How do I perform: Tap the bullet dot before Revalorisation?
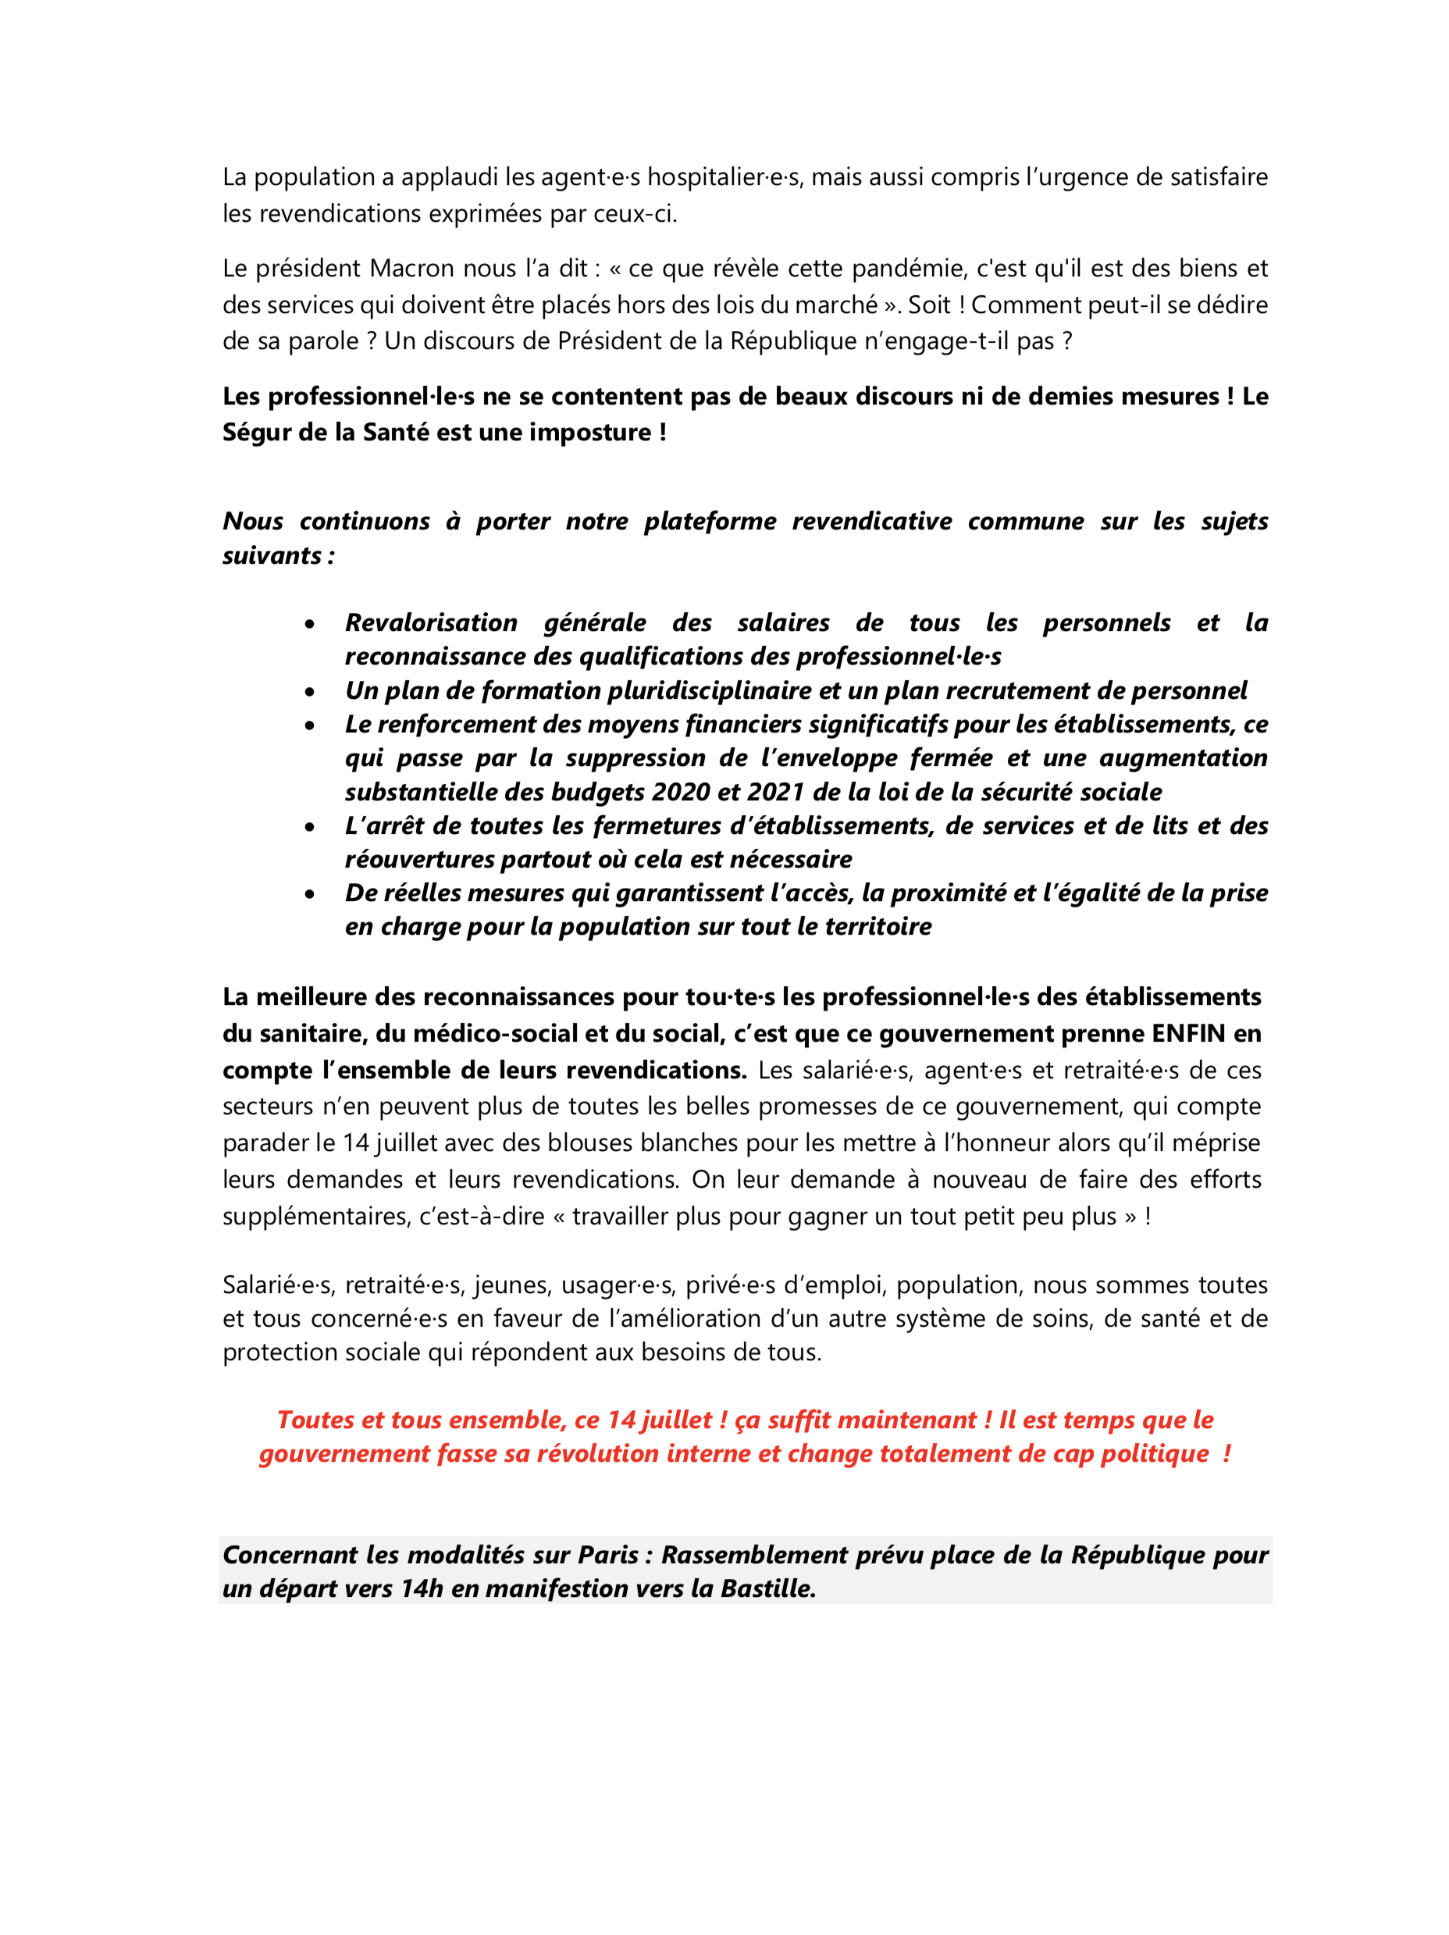pyautogui.click(x=310, y=624)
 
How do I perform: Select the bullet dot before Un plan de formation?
pyautogui.click(x=310, y=692)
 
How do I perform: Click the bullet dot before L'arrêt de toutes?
pyautogui.click(x=310, y=827)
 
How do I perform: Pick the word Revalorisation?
pyautogui.click(x=431, y=623)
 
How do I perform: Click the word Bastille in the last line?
pyautogui.click(x=766, y=1588)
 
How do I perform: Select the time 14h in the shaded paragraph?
pyautogui.click(x=422, y=1588)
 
